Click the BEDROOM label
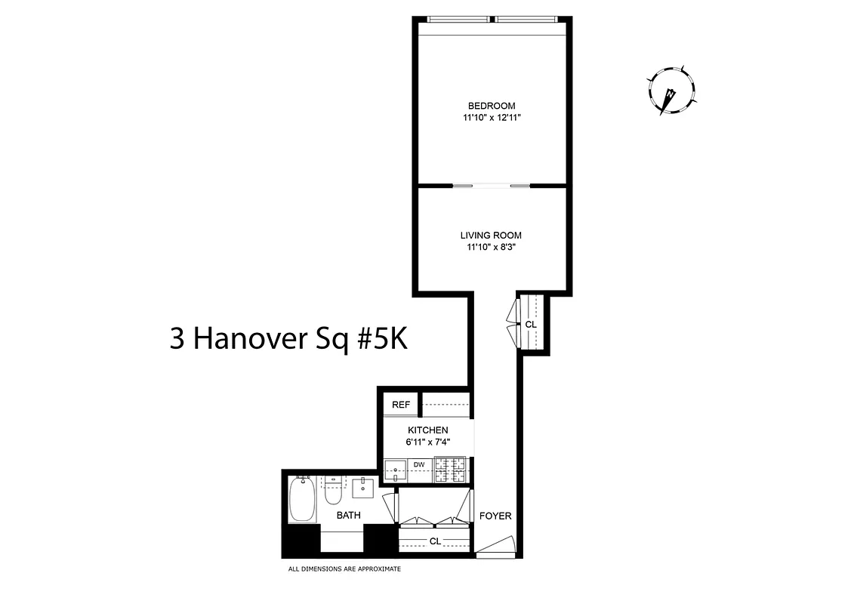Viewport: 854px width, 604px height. (491, 106)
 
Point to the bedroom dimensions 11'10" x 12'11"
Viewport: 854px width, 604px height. (491, 118)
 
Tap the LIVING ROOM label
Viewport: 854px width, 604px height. (491, 236)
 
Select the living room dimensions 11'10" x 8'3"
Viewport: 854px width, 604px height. (491, 247)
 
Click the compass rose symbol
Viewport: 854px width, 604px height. (671, 91)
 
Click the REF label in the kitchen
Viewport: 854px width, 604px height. (400, 405)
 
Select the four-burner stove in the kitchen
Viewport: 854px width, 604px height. (451, 471)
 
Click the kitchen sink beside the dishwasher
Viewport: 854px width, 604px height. (395, 471)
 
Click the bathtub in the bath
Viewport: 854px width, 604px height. (302, 500)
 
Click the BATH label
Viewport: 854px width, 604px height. (348, 516)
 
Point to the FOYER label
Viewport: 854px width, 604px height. (495, 516)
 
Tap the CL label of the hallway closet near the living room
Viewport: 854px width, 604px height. (530, 325)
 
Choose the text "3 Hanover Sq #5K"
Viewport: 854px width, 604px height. (288, 339)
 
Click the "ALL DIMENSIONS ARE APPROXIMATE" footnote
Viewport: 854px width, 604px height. (344, 569)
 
